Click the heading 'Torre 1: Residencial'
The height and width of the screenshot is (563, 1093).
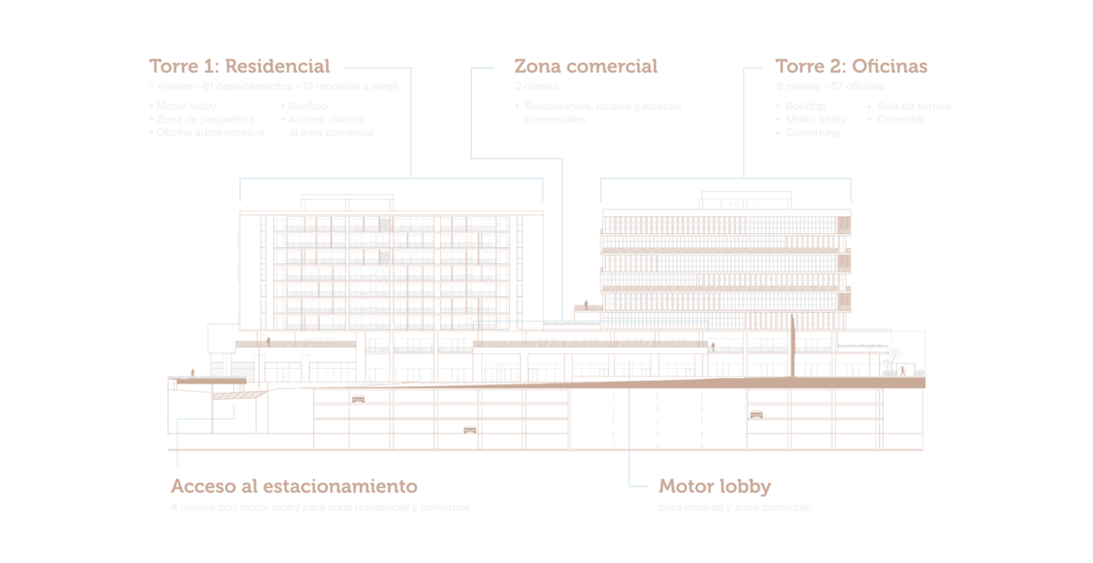[239, 67]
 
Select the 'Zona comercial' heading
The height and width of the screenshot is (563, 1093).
[585, 67]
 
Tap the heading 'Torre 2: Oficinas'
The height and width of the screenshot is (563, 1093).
[851, 67]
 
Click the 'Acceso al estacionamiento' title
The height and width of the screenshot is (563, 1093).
[293, 486]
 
